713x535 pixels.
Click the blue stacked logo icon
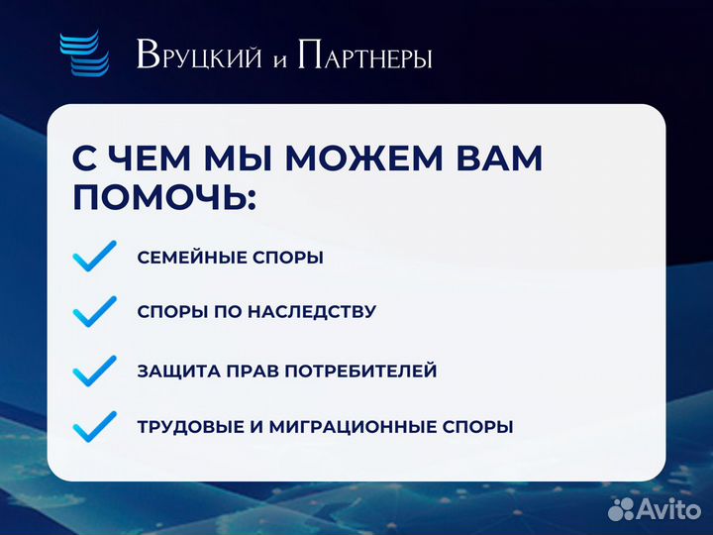click(x=83, y=53)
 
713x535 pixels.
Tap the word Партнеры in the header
click(x=362, y=55)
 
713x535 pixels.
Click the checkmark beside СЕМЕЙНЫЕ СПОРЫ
click(x=95, y=257)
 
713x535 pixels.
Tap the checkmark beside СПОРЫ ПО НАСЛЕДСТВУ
click(x=95, y=312)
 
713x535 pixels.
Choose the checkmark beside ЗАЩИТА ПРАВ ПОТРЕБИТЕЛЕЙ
click(x=95, y=371)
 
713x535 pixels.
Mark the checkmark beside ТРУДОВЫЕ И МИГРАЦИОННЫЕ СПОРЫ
click(x=95, y=427)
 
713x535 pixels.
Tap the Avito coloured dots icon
click(x=621, y=509)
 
